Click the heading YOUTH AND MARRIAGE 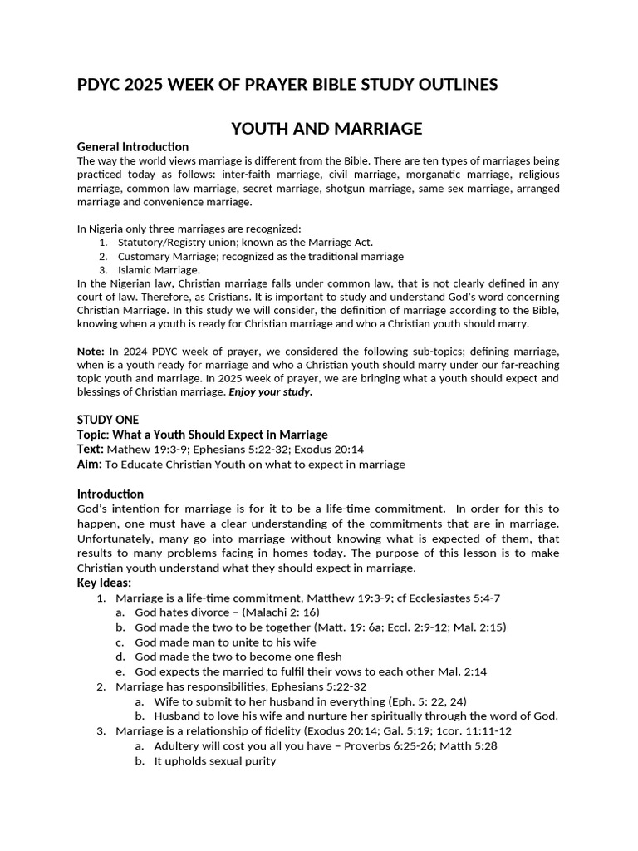(x=326, y=128)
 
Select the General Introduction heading (x=133, y=147)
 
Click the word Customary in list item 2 (x=145, y=256)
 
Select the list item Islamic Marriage (x=158, y=269)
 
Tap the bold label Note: (x=91, y=352)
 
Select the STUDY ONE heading (x=108, y=420)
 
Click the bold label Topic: (x=95, y=435)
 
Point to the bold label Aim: (x=90, y=464)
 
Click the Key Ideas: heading (x=104, y=583)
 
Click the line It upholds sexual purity (x=214, y=760)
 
